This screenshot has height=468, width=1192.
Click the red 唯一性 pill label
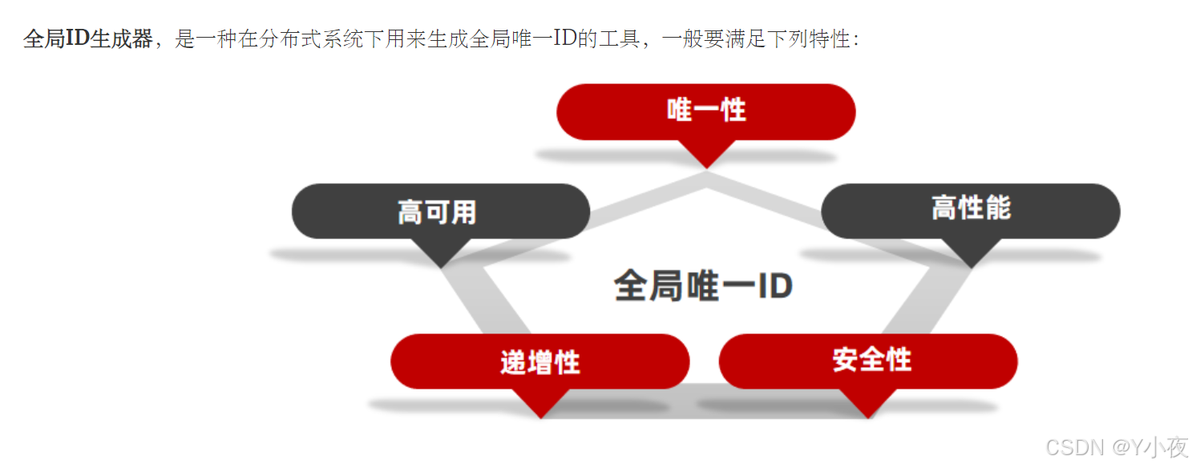coord(705,111)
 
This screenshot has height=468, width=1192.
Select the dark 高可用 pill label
coord(440,212)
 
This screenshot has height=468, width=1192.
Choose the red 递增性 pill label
coord(539,361)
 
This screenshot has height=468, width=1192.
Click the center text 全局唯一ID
coord(703,286)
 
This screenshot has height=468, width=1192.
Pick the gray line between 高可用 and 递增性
coord(476,305)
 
